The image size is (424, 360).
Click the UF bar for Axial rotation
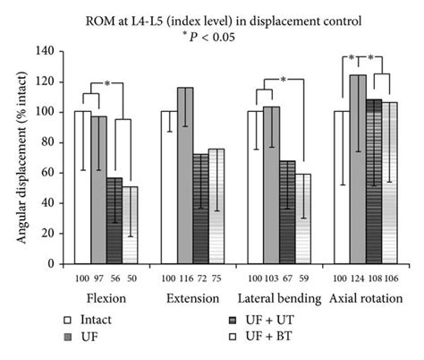[358, 170]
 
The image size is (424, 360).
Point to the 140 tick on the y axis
[53, 52]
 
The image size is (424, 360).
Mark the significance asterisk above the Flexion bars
[107, 83]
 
